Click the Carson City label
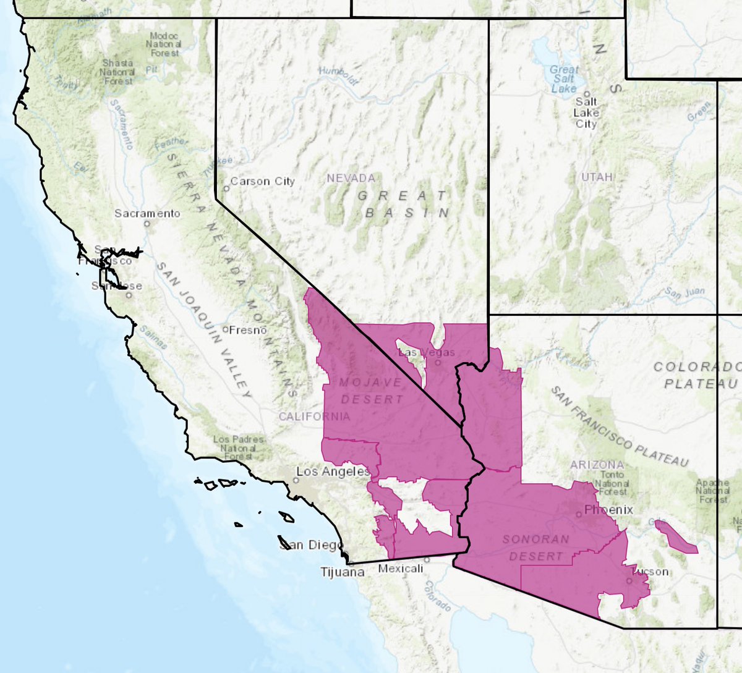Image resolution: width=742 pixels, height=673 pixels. click(x=263, y=181)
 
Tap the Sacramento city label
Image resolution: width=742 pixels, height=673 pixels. click(x=147, y=213)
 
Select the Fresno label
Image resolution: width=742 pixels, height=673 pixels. click(x=247, y=330)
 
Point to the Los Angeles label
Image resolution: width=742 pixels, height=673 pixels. click(x=333, y=472)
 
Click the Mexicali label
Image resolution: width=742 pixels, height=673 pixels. click(x=400, y=568)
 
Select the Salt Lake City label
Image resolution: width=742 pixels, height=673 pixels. click(x=586, y=112)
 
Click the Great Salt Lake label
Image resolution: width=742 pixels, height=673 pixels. click(x=564, y=78)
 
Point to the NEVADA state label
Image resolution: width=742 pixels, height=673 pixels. click(x=351, y=178)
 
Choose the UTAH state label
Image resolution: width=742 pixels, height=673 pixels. click(x=597, y=177)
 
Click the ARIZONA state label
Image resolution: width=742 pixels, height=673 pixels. click(x=597, y=464)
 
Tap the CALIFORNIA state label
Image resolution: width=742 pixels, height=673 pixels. click(x=314, y=416)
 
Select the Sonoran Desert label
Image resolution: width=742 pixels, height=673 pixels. click(x=535, y=548)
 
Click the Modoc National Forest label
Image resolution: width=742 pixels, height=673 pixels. click(x=164, y=44)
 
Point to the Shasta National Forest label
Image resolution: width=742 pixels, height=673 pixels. click(x=117, y=72)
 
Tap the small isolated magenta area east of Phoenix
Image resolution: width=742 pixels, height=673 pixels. click(x=676, y=537)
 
